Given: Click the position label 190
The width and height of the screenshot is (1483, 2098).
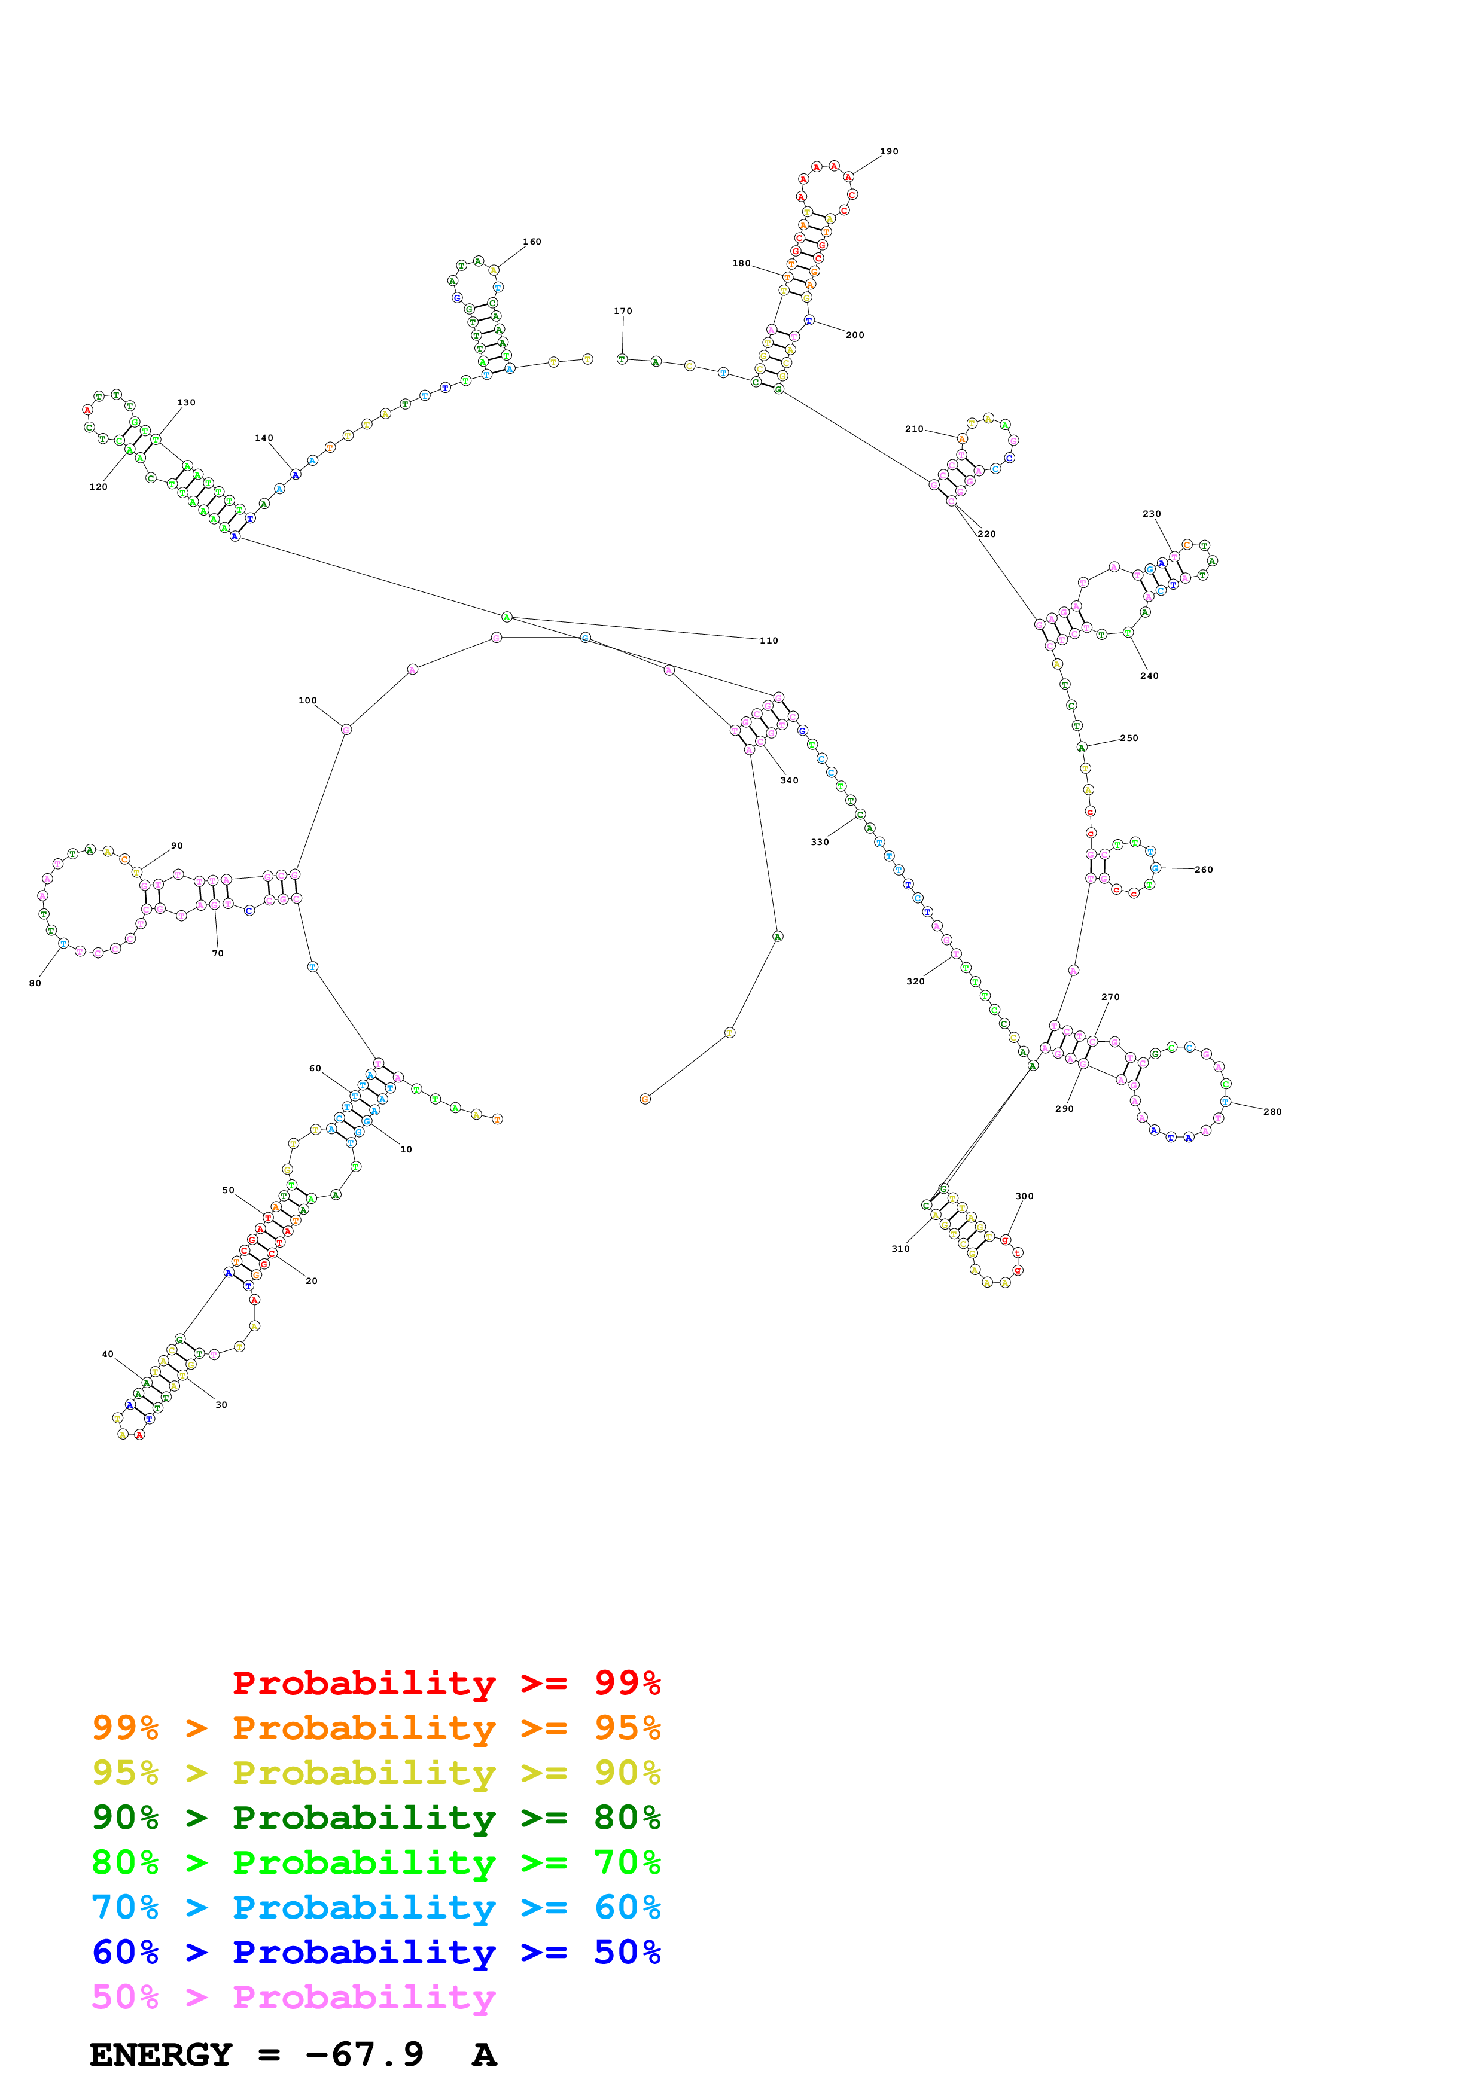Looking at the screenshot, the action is pos(888,152).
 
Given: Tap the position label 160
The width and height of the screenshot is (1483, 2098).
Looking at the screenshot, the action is pos(532,242).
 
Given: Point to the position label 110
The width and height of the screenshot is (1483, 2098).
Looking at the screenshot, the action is pos(769,641).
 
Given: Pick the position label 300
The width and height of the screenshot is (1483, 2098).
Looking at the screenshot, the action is pos(1024,1196).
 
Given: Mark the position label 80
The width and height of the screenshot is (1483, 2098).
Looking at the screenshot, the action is pos(35,983).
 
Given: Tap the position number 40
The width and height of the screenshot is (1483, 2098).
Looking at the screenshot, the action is pos(108,1354).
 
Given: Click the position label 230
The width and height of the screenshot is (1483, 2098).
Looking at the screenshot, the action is pos(1152,514).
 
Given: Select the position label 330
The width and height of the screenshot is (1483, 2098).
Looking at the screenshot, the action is pos(820,843).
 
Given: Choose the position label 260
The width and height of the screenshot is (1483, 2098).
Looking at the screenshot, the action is pos(1204,870).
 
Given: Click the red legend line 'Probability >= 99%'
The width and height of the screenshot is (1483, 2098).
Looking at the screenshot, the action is pos(446,1683).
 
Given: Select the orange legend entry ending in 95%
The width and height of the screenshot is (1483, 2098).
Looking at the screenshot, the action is pos(376,1728).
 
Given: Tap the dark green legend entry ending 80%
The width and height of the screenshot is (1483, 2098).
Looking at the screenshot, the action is pos(376,1818).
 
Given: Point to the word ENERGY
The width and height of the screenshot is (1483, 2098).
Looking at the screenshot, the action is pos(161,2055).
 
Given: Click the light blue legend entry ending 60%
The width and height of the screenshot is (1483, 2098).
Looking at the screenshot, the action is pos(376,1907).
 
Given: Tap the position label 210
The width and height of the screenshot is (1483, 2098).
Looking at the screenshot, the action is pos(913,429).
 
